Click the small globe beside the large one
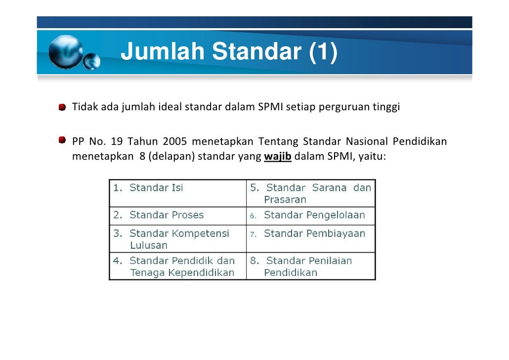[91, 61]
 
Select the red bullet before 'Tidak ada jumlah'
[63, 107]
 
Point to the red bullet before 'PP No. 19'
[63, 141]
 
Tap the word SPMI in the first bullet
[270, 107]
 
